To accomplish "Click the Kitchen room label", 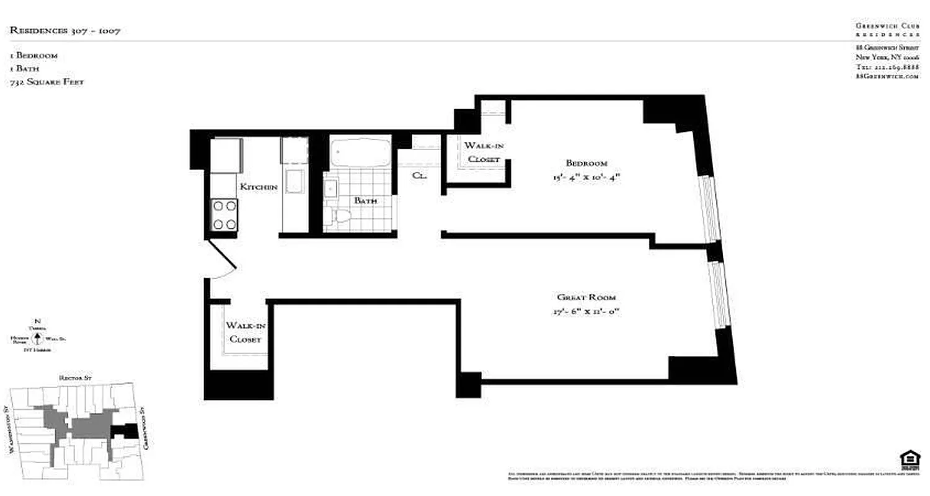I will coord(259,187).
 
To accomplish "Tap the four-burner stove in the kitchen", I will coord(224,215).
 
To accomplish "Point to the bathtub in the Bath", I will coord(360,153).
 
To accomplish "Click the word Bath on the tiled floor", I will coord(365,201).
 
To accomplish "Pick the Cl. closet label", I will coord(420,175).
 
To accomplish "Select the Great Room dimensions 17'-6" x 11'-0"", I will coord(587,312).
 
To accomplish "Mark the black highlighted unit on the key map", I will coord(126,430).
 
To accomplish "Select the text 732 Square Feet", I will coord(46,82).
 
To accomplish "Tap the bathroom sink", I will coord(330,187).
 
